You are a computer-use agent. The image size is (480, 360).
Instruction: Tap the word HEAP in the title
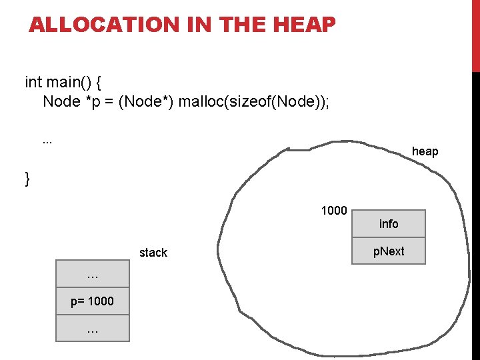[303, 25]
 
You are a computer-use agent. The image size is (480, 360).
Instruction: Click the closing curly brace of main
[27, 179]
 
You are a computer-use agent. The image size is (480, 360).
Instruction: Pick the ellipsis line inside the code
[47, 141]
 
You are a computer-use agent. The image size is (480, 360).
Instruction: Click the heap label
[425, 151]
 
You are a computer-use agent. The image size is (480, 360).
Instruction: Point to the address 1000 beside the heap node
[334, 211]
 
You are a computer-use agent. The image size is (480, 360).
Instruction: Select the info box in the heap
[389, 224]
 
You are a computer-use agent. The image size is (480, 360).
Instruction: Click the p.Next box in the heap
[389, 251]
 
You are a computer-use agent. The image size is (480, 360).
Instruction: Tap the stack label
[153, 253]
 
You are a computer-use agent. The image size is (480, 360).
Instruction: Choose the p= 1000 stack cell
[93, 301]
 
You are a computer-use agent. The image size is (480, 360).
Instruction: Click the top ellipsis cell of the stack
[93, 275]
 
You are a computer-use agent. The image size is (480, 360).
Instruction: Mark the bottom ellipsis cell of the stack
[93, 328]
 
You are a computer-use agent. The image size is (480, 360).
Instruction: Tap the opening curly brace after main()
[99, 83]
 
